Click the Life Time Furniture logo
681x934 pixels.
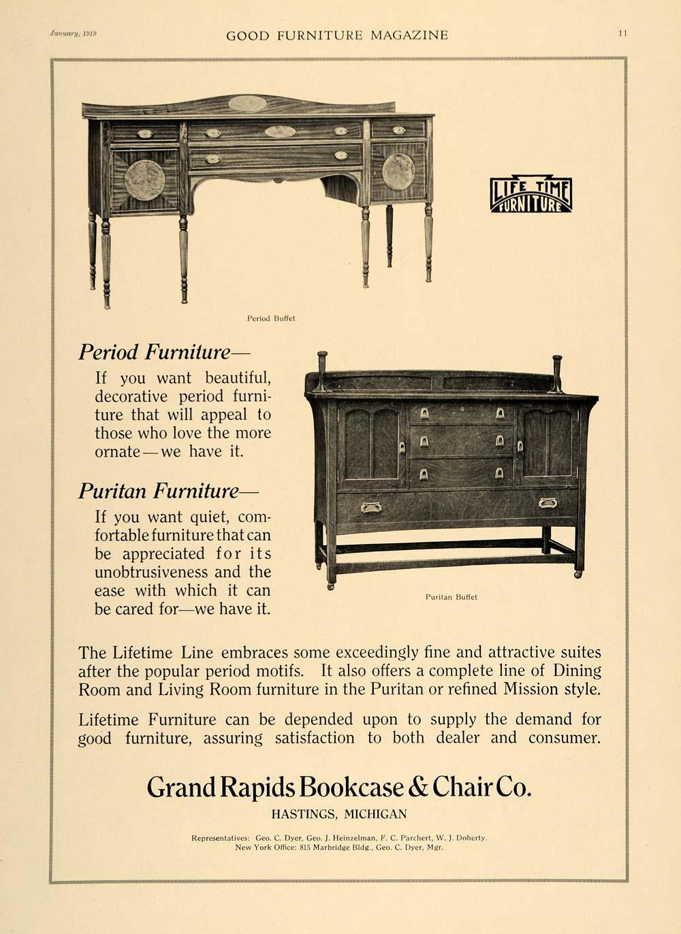(x=530, y=195)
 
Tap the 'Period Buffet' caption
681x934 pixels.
(x=271, y=318)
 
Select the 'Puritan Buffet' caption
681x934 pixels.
(x=452, y=597)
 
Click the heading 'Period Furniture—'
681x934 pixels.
(x=164, y=352)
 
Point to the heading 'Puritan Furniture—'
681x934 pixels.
(x=168, y=491)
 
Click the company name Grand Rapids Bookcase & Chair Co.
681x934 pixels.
(x=339, y=788)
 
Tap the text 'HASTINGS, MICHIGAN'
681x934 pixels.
(x=339, y=814)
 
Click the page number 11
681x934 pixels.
(x=622, y=33)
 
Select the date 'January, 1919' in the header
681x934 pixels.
(x=73, y=33)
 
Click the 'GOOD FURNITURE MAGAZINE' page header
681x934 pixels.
(x=337, y=35)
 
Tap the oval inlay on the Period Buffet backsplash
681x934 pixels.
(x=247, y=103)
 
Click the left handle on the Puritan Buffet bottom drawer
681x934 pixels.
(x=371, y=506)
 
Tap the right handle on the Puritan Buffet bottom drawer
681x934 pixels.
(x=548, y=503)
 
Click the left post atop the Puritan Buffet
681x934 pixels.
(x=321, y=370)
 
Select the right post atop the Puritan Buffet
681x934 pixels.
(x=557, y=373)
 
